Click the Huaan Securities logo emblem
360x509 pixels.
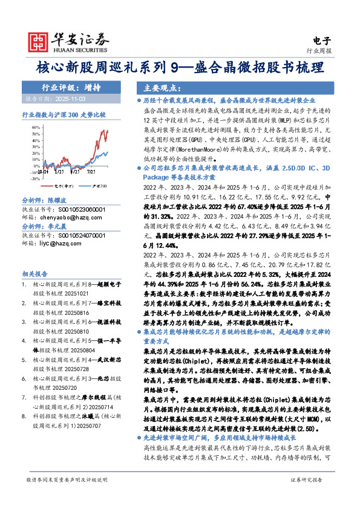tap(39, 41)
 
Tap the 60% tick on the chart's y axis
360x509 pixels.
tap(36, 128)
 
